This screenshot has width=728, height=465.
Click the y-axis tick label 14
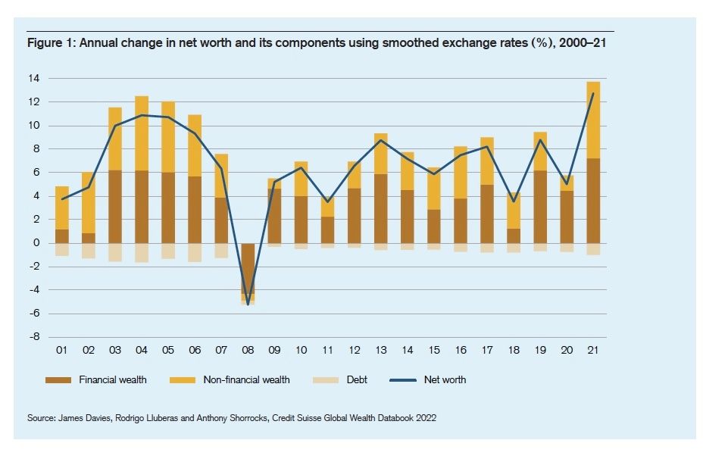(34, 78)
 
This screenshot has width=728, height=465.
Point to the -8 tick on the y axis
(34, 337)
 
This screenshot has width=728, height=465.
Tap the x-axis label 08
(247, 351)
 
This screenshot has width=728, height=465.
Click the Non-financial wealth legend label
(246, 379)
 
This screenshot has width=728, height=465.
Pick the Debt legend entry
(357, 379)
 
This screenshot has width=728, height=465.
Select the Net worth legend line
(405, 379)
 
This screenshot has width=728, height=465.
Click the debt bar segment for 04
(142, 252)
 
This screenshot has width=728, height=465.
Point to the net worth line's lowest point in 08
(247, 304)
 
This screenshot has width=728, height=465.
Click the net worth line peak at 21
(592, 94)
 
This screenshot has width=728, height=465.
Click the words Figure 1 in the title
(47, 43)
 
